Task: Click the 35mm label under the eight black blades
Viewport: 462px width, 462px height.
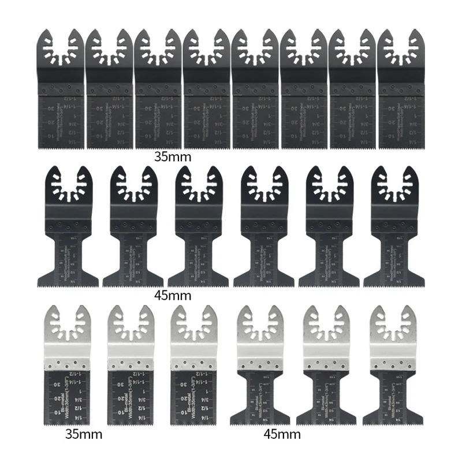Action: click(173, 156)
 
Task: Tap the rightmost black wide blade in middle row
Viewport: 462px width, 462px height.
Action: click(394, 231)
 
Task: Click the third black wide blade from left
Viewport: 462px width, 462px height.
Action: click(196, 231)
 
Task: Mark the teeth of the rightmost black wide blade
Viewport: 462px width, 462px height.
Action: click(394, 284)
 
